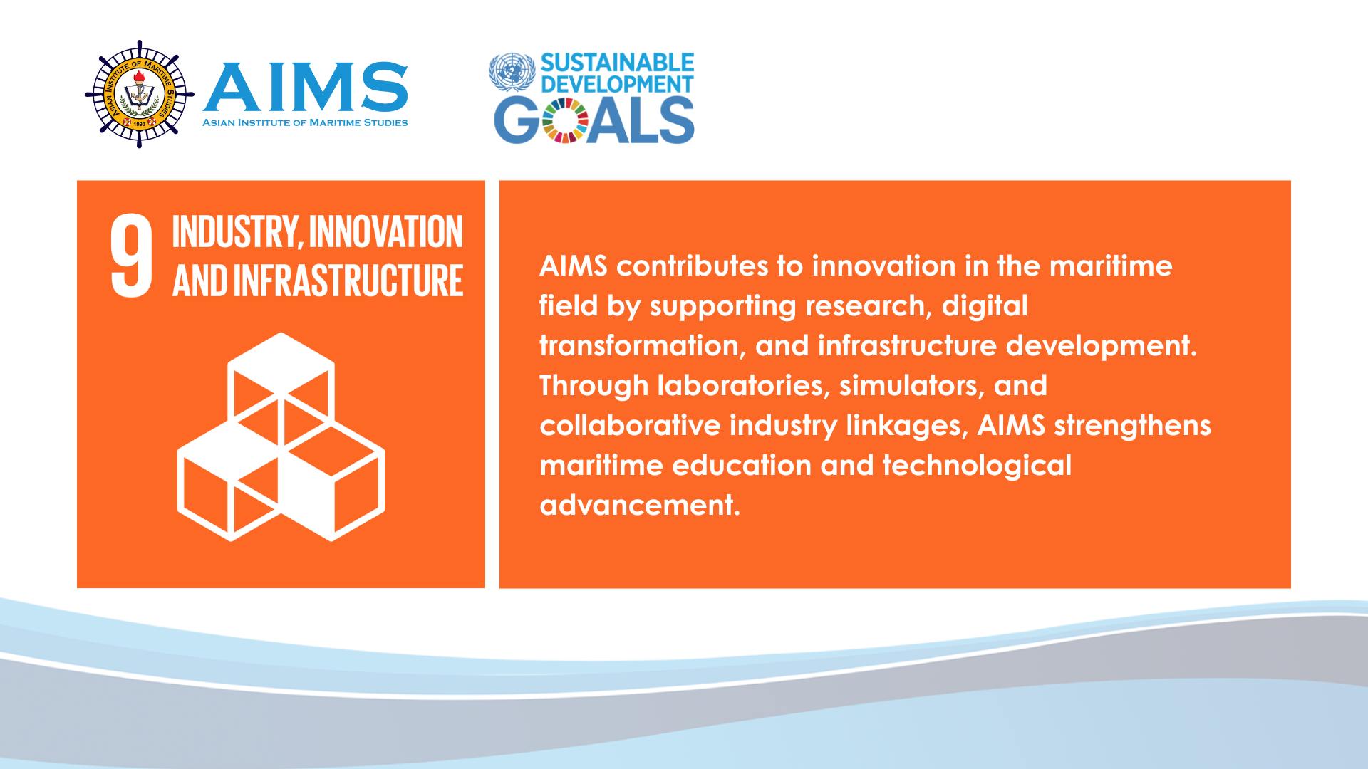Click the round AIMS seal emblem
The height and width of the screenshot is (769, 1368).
tap(139, 93)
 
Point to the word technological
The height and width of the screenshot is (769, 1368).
tap(977, 466)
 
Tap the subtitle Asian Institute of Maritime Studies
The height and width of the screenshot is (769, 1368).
tap(305, 122)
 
